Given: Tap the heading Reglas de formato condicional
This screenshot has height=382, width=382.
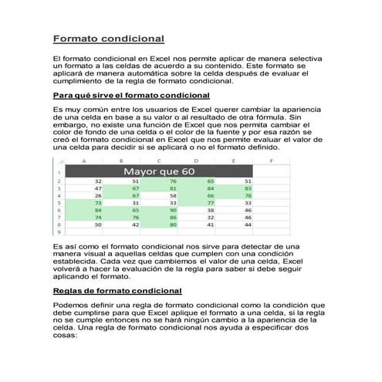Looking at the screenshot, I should coord(117,291).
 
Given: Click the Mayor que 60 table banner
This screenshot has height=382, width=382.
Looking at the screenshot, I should coord(158,171).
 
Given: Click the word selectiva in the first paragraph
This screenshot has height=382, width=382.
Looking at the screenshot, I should coord(299,59).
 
